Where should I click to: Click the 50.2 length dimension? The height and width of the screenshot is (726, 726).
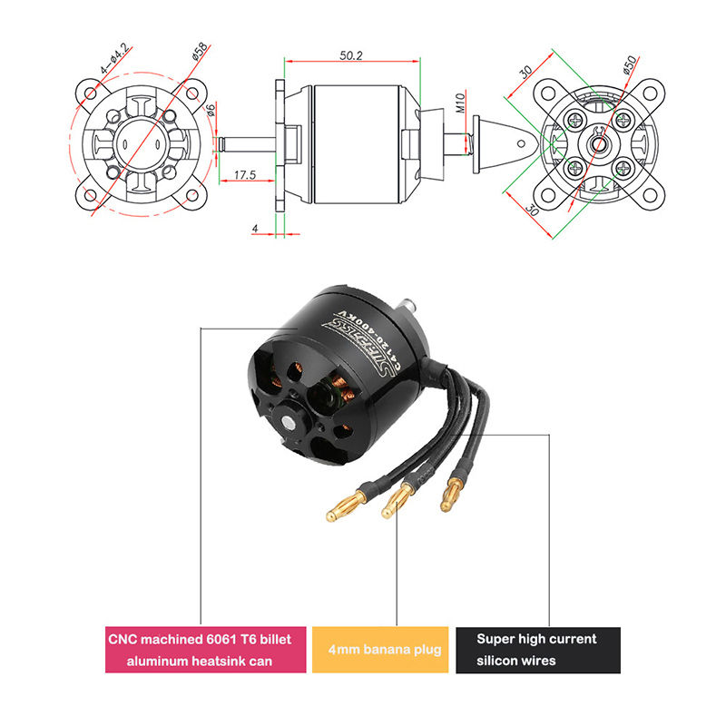(352, 55)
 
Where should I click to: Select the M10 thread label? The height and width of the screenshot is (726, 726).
(461, 103)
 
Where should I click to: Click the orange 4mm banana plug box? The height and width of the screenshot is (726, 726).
(380, 650)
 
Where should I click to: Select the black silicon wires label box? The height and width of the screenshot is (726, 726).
(537, 650)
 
